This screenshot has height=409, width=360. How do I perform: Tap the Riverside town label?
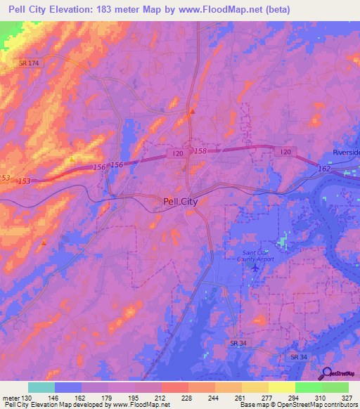tap(346, 152)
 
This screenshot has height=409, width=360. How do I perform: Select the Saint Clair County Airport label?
tap(257, 254)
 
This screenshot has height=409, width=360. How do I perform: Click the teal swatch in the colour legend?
tap(41, 387)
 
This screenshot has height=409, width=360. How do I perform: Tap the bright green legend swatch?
tap(308, 387)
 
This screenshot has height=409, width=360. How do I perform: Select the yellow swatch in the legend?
tap(281, 387)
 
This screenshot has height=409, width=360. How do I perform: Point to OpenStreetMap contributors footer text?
tap(323, 405)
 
